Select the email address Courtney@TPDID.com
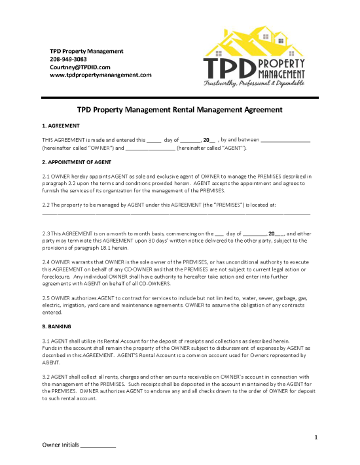tap(80, 67)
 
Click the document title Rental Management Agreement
tap(180, 111)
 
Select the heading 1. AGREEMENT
tap(61, 125)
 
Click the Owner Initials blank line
tap(98, 446)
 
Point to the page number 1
tap(315, 436)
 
